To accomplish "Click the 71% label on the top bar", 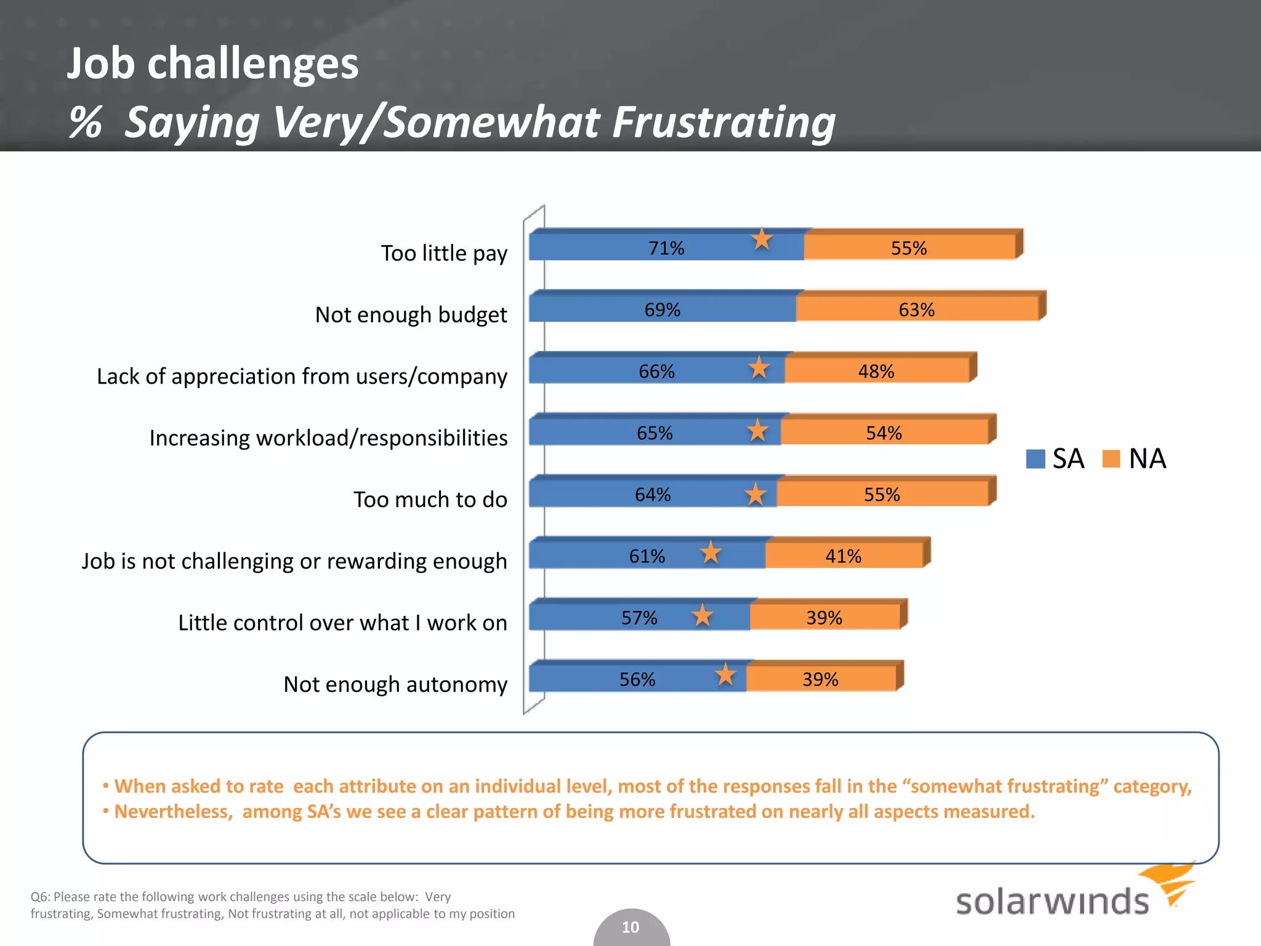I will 666,248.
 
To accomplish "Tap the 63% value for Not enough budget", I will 916,310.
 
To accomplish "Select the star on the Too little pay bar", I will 762,239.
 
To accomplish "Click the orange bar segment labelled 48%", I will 876,371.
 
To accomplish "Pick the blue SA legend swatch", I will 1035,459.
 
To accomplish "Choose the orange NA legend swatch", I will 1111,459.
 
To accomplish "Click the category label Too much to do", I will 430,499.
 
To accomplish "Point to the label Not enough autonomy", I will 395,684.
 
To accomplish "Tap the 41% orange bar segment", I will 843,556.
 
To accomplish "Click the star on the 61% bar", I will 711,552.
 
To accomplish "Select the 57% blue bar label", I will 639,618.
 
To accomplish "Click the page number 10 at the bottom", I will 630,927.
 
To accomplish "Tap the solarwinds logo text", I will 1052,902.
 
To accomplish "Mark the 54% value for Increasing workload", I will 884,433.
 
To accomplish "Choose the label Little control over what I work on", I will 342,623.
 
